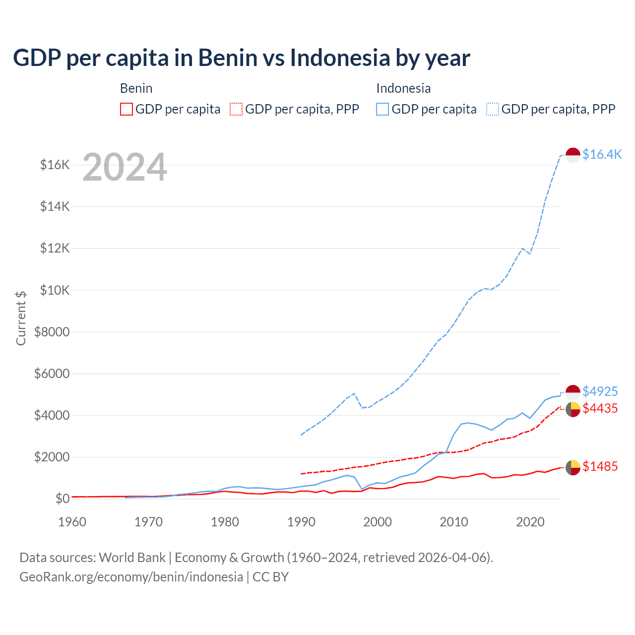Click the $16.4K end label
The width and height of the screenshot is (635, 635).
click(x=602, y=154)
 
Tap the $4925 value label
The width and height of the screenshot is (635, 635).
click(x=600, y=391)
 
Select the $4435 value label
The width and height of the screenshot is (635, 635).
click(x=600, y=408)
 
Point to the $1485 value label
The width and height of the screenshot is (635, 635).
click(x=600, y=466)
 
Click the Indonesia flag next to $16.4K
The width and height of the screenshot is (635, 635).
click(x=573, y=155)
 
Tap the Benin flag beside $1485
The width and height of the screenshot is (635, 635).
click(x=573, y=467)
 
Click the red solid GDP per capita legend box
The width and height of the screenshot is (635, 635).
click(x=127, y=109)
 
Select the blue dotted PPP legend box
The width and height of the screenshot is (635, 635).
click(x=493, y=109)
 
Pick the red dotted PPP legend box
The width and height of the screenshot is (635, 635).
click(x=236, y=109)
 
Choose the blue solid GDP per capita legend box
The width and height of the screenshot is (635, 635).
click(x=382, y=109)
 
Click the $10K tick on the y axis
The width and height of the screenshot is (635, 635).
click(x=55, y=290)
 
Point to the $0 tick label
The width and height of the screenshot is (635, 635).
click(x=62, y=499)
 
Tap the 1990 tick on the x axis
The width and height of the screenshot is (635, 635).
click(x=301, y=522)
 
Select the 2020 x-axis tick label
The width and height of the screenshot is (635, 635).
click(x=530, y=522)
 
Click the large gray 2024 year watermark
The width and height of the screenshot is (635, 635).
click(x=125, y=167)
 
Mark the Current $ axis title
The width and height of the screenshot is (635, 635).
click(x=21, y=318)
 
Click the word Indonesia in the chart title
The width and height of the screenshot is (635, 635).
click(x=340, y=58)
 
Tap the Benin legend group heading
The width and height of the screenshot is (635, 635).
click(x=136, y=88)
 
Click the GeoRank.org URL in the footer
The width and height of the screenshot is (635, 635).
click(x=131, y=577)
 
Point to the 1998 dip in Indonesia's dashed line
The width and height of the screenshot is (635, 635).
click(x=362, y=407)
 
